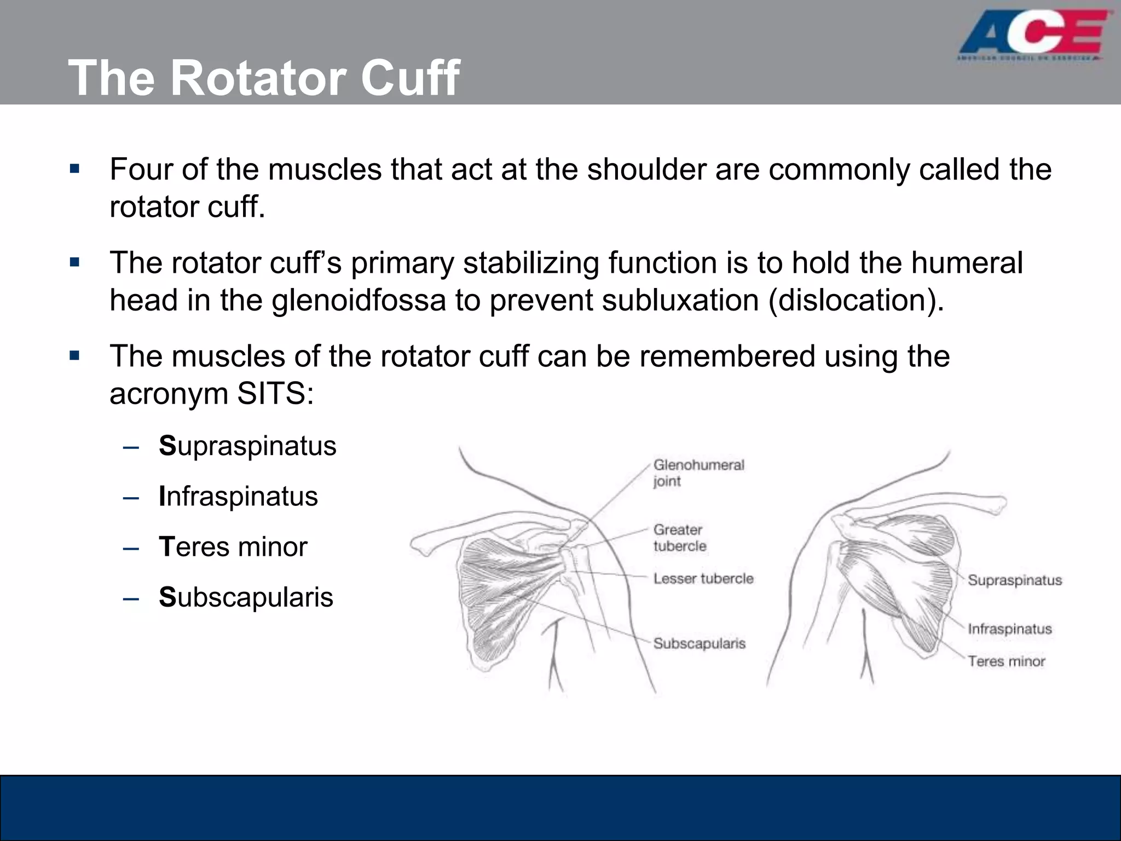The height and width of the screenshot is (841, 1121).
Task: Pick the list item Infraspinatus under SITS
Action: (238, 497)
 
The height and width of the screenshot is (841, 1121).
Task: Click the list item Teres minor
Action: (233, 547)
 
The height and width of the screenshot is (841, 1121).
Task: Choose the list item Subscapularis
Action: (246, 597)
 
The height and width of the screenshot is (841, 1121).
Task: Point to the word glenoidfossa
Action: (359, 300)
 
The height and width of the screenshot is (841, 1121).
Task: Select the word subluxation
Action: (680, 300)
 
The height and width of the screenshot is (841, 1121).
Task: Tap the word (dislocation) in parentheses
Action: (857, 300)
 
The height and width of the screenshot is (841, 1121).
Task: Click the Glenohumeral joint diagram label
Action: (698, 473)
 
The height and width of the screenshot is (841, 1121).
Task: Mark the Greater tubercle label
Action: (679, 538)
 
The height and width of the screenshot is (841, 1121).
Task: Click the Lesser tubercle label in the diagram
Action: (703, 579)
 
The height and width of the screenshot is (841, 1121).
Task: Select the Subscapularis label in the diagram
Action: (699, 643)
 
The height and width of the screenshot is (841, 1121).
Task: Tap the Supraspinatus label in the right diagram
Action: (1014, 580)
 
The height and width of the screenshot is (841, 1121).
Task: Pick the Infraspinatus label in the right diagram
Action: (1009, 629)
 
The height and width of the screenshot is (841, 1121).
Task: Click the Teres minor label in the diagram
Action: (1006, 661)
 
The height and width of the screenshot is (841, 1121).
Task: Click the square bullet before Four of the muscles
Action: (75, 168)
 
